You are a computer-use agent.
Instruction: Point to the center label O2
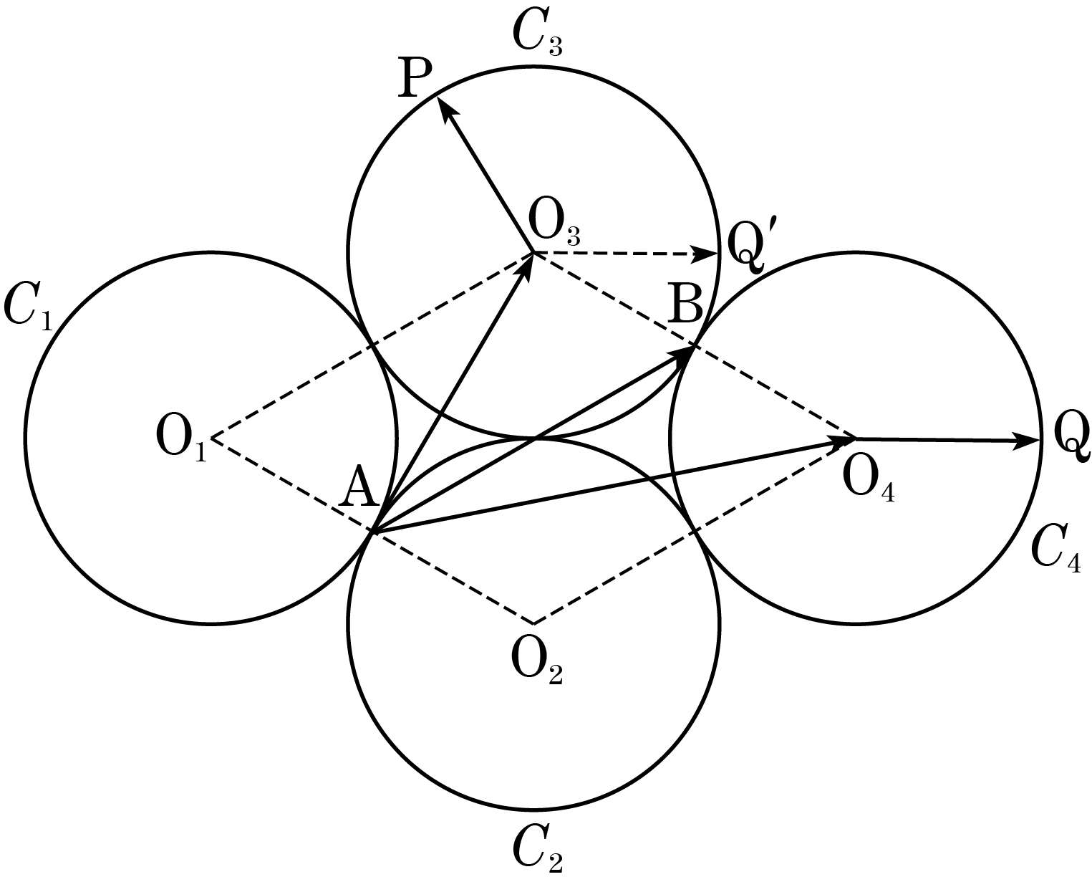(537, 663)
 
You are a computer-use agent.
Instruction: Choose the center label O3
(554, 226)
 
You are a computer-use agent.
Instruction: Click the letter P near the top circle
(415, 77)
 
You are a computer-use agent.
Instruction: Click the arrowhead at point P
(444, 110)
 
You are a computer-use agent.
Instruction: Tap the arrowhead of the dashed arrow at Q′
(707, 254)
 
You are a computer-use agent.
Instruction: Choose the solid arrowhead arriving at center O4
(841, 441)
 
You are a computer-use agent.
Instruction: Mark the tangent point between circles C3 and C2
(535, 438)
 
